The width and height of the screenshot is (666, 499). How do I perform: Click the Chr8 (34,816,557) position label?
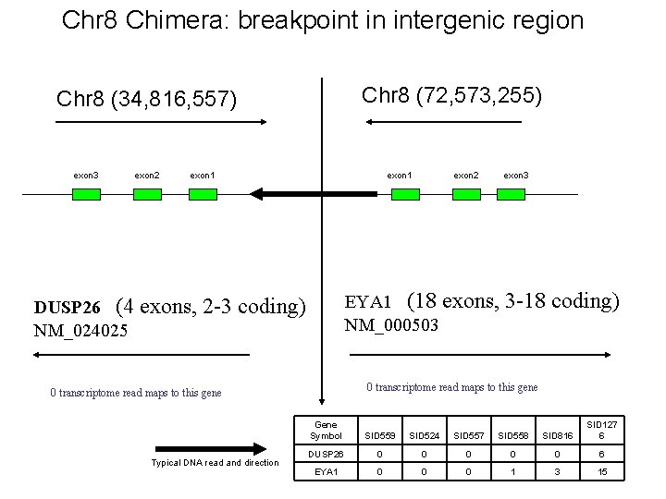[x=146, y=99]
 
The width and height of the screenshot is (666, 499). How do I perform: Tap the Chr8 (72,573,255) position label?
[x=452, y=95]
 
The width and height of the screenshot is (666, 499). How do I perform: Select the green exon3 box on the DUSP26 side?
[x=86, y=194]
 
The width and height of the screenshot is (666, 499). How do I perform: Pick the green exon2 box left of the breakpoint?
[x=147, y=194]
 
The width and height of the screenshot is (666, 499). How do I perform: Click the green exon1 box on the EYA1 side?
[x=405, y=194]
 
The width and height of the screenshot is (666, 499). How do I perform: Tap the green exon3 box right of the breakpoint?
[x=512, y=194]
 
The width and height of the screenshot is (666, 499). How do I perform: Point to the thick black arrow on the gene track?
[x=287, y=194]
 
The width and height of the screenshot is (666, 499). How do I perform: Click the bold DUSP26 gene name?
[x=67, y=307]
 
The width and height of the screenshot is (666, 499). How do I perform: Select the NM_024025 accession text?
[x=80, y=330]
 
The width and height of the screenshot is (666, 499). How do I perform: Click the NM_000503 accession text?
[x=391, y=325]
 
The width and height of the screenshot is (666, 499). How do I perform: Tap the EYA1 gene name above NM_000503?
[x=368, y=302]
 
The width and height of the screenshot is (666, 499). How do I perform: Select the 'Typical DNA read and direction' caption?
[x=214, y=462]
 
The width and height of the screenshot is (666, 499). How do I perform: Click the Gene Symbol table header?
[x=325, y=430]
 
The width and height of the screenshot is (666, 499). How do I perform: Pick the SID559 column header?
[x=379, y=435]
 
